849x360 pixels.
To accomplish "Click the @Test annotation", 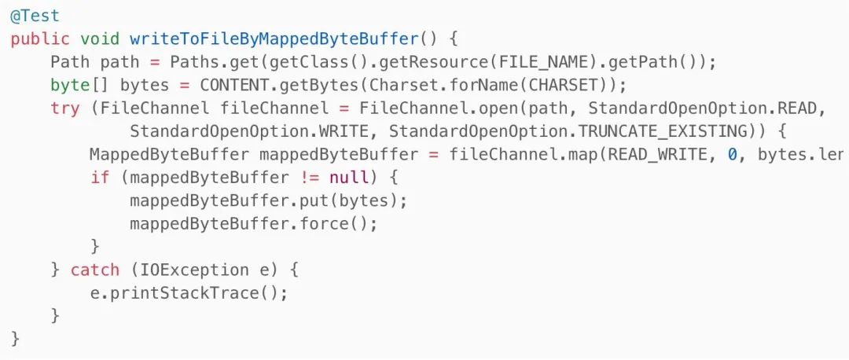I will [x=35, y=15].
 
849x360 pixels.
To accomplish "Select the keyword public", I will [x=40, y=39].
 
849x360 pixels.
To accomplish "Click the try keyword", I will [x=64, y=108].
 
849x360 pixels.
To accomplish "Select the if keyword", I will [x=100, y=177].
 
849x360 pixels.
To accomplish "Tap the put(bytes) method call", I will [x=370, y=200].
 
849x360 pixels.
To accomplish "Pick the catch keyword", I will [x=94, y=270].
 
